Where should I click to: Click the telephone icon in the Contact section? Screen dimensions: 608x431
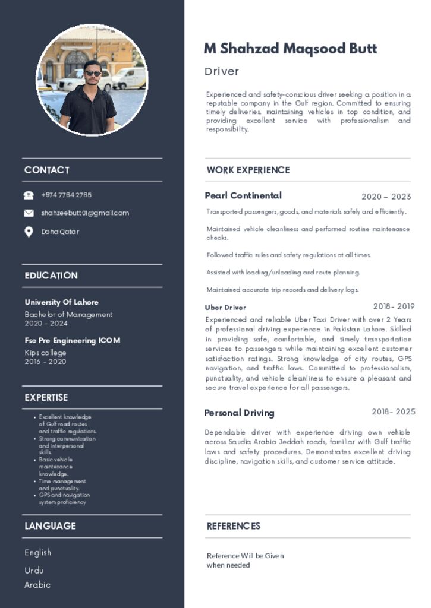point(29,195)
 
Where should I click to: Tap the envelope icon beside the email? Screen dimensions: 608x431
point(29,213)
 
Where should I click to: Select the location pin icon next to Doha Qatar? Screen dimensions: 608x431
point(29,232)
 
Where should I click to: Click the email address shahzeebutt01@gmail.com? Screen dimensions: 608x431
point(85,213)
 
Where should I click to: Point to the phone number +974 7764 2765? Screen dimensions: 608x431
point(67,195)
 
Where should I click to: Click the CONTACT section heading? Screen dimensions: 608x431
point(47,170)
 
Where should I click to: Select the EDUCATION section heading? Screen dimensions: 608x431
point(51,275)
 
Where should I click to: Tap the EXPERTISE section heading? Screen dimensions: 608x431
point(46,398)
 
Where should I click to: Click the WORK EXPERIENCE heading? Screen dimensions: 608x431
point(248,170)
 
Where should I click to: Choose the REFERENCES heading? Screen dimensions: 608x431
point(234,526)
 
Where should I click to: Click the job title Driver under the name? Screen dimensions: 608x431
point(222,72)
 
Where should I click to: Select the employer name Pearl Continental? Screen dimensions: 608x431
point(243,195)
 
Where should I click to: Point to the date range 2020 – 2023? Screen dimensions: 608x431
point(386,197)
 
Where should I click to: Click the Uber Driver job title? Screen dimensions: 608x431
point(225,308)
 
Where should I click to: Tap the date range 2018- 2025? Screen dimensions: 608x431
point(394,412)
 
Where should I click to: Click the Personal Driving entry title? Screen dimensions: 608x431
point(239,413)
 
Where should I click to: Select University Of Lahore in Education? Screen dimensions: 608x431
point(62,302)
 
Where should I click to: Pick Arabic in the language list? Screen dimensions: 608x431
point(37,585)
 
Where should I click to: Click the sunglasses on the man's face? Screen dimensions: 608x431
point(93,73)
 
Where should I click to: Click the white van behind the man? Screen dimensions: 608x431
point(129,78)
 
